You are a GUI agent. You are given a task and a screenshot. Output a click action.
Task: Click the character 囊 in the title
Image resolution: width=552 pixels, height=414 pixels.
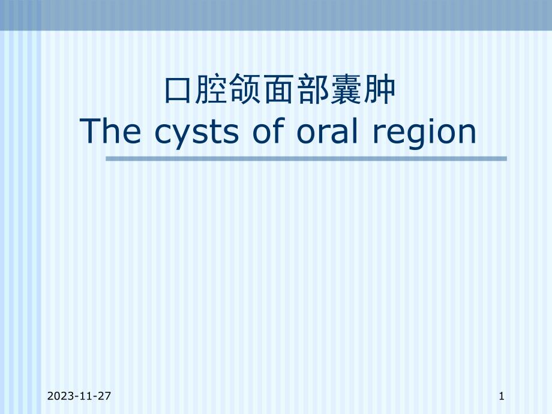point(346,92)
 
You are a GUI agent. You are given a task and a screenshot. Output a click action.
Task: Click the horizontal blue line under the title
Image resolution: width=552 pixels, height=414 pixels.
point(306,159)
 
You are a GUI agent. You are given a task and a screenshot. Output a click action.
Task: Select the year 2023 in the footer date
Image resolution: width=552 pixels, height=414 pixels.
point(58,396)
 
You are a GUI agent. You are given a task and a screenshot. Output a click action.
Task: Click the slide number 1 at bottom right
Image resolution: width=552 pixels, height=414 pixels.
point(501,396)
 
